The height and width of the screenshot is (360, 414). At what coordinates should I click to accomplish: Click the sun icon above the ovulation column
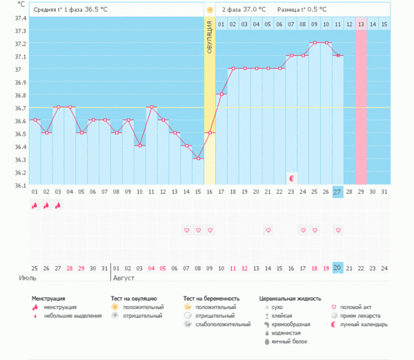click(x=209, y=10)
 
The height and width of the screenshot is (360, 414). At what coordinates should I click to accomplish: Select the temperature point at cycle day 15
click(x=198, y=159)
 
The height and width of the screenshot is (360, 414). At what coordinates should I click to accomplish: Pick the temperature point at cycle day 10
click(x=139, y=146)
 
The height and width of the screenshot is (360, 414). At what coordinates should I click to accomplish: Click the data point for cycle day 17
click(x=221, y=94)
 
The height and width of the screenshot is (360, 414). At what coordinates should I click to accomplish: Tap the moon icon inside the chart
click(x=292, y=178)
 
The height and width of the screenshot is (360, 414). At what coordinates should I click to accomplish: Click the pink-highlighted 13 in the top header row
click(x=361, y=24)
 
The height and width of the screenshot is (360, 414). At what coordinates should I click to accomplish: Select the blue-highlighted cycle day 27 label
click(x=337, y=191)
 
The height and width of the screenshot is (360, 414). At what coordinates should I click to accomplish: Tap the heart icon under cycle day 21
click(x=268, y=230)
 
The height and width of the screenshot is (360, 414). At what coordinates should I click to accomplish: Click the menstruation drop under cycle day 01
click(x=34, y=205)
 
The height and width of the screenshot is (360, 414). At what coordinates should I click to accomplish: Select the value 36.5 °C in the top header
click(x=96, y=10)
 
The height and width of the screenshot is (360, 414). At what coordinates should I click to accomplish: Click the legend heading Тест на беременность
click(x=211, y=299)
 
